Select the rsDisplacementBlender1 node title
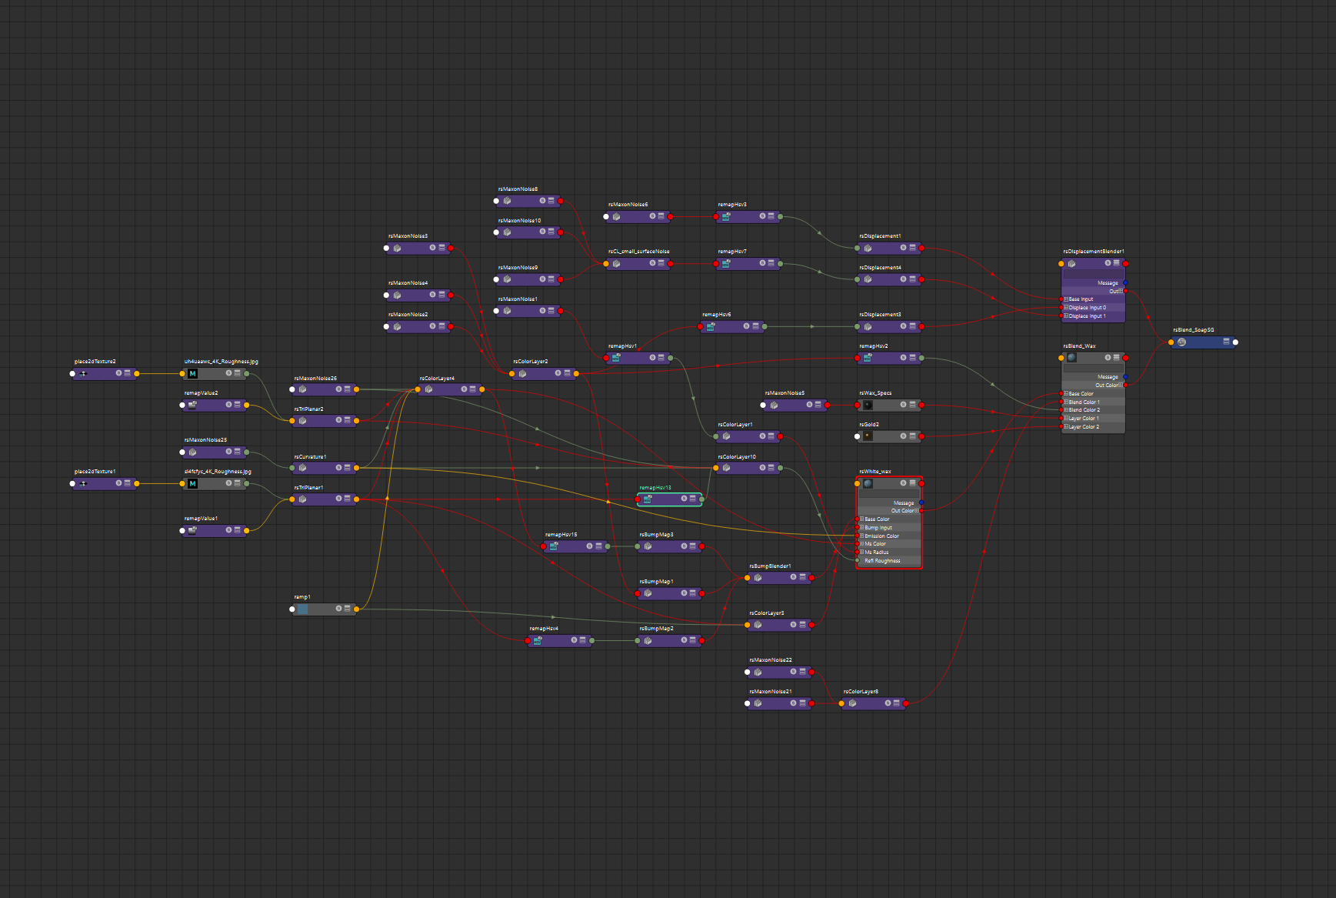(x=1093, y=252)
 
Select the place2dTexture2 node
(x=105, y=374)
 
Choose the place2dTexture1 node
(x=105, y=484)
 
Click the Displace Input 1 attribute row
(x=1088, y=316)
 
